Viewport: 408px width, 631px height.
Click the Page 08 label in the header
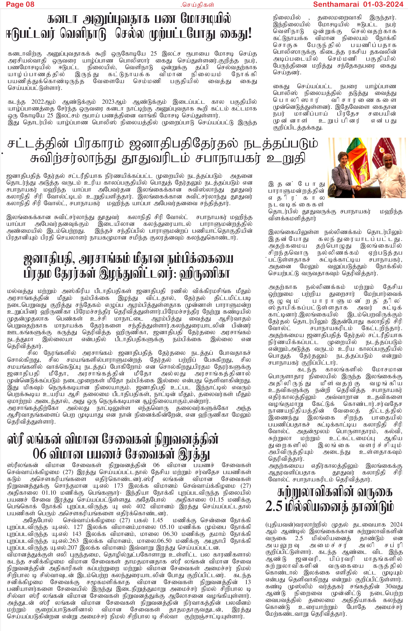(20, 4)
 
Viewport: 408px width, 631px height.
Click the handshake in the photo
(358, 187)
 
